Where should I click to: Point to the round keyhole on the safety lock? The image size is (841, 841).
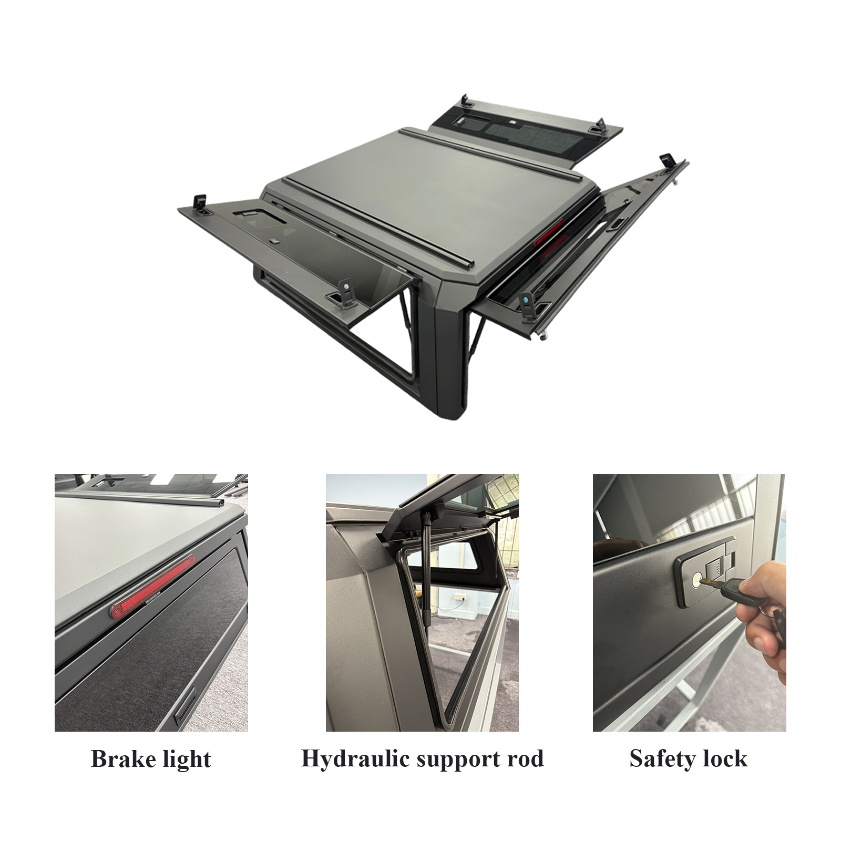coord(695,579)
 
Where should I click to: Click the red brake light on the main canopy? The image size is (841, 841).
coord(549,234)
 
